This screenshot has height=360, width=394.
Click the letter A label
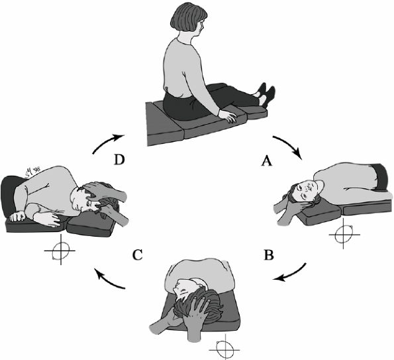pos(267,160)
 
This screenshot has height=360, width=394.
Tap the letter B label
pos(269,255)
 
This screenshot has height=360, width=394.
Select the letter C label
pos(138,255)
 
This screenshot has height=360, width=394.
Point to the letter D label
pos(119,160)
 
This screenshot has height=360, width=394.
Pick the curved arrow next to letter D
pos(107,141)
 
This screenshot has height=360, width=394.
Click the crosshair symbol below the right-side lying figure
pos(344,234)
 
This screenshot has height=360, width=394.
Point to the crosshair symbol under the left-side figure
pos(60,250)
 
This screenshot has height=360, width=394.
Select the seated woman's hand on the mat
pos(228,116)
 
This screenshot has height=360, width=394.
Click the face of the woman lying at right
pos(306,189)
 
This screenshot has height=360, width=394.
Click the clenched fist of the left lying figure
pos(17,216)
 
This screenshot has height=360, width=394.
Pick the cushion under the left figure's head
pos(91,225)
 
